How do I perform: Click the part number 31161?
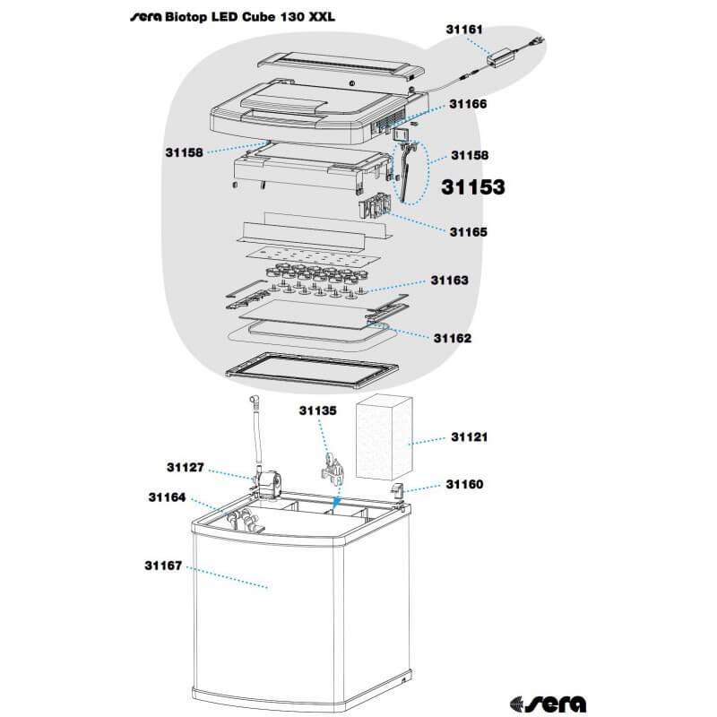pos(464,30)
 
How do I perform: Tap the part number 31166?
pos(468,104)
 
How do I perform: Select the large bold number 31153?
pos(473,187)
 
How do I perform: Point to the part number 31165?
pos(468,232)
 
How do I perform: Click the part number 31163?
pos(450,281)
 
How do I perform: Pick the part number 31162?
pos(453,339)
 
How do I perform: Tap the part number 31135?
pos(318,410)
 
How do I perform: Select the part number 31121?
pos(469,437)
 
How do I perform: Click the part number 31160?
pos(464,484)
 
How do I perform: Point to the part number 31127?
pos(186,467)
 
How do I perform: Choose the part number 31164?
pos(167,497)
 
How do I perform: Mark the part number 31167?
pos(163,566)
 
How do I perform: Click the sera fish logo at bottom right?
pos(548,704)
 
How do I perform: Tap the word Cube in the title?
pos(258,17)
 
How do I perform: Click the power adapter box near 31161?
pos(500,56)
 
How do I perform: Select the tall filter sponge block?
pos(384,437)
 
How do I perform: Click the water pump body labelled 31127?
pos(268,485)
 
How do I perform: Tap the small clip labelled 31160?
pos(396,490)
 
